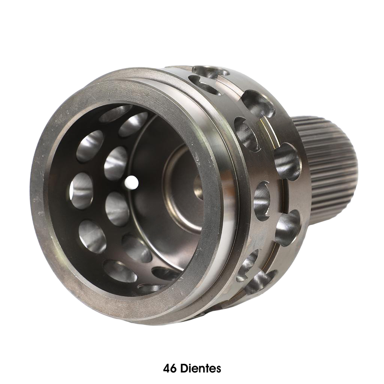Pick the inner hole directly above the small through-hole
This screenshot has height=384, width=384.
[115, 159]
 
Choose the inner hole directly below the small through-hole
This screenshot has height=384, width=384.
[117, 208]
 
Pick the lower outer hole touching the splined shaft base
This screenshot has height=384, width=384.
[287, 227]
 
